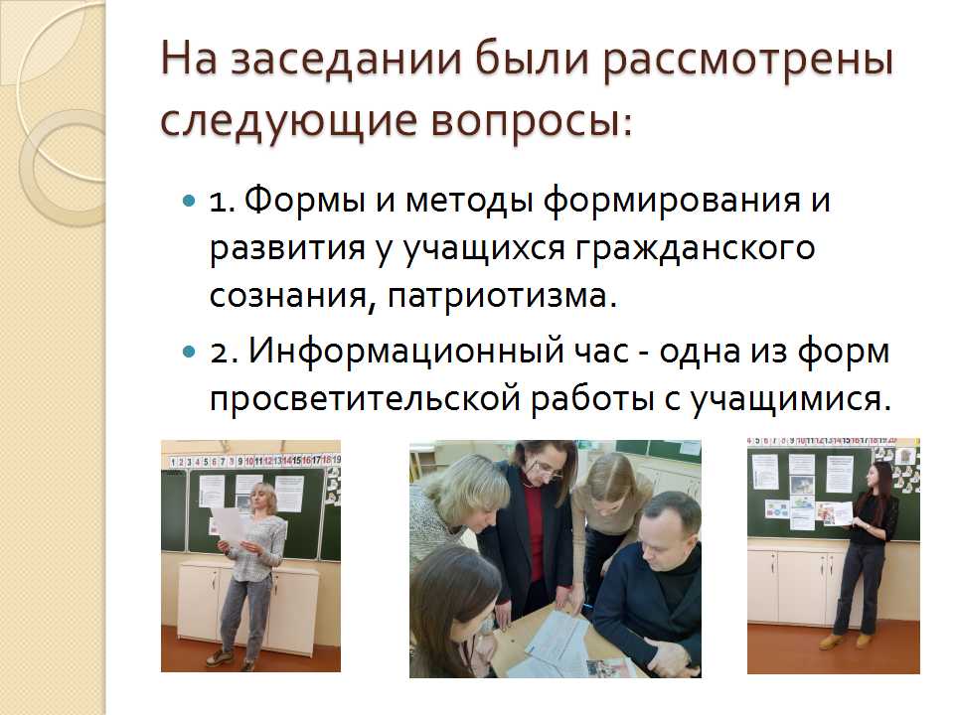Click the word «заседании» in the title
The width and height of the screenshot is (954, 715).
point(346,61)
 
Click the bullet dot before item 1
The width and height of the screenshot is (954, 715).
point(189,201)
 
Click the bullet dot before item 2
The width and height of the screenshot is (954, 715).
point(189,352)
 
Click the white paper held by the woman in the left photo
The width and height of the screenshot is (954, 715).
point(229,524)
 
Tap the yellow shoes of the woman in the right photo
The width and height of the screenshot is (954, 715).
point(845,641)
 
